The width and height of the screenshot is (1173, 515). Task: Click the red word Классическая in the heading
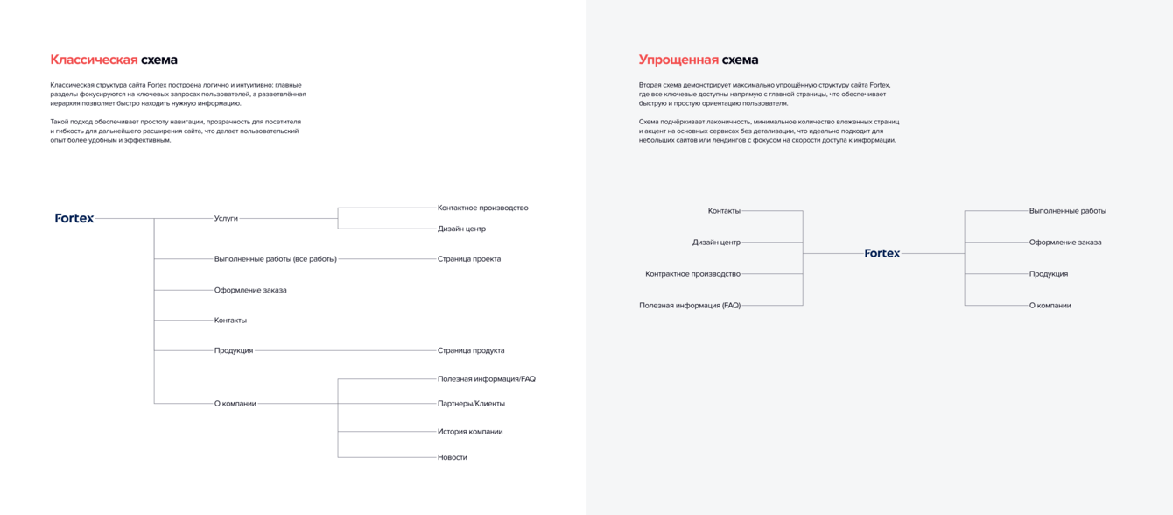tap(94, 60)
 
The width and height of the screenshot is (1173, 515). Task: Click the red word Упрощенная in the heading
tap(678, 60)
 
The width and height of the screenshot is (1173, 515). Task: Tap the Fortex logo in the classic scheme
tap(74, 218)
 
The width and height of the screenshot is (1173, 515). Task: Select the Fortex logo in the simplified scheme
tap(882, 253)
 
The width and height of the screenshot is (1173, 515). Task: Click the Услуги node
tap(226, 218)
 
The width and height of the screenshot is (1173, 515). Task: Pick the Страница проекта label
tap(469, 259)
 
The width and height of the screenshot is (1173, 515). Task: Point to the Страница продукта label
tap(471, 350)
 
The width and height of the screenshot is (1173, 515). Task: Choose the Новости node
tap(453, 457)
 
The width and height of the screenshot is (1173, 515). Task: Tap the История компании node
tap(470, 432)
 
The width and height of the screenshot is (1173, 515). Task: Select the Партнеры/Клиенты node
tap(471, 404)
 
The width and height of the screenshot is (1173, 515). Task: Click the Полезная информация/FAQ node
tap(486, 379)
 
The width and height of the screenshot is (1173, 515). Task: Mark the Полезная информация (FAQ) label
tap(690, 306)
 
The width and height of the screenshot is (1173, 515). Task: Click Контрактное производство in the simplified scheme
tap(692, 274)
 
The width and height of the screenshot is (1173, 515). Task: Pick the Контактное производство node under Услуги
tap(482, 208)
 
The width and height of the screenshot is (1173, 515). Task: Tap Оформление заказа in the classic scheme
tap(250, 290)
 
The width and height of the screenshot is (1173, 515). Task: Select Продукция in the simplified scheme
tap(1048, 274)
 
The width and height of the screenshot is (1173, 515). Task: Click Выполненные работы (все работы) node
tap(275, 259)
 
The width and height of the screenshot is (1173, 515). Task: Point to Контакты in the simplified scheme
tap(724, 211)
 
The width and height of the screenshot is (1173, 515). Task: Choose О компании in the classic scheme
tap(235, 404)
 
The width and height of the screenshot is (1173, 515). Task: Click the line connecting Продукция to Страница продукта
tap(346, 350)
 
